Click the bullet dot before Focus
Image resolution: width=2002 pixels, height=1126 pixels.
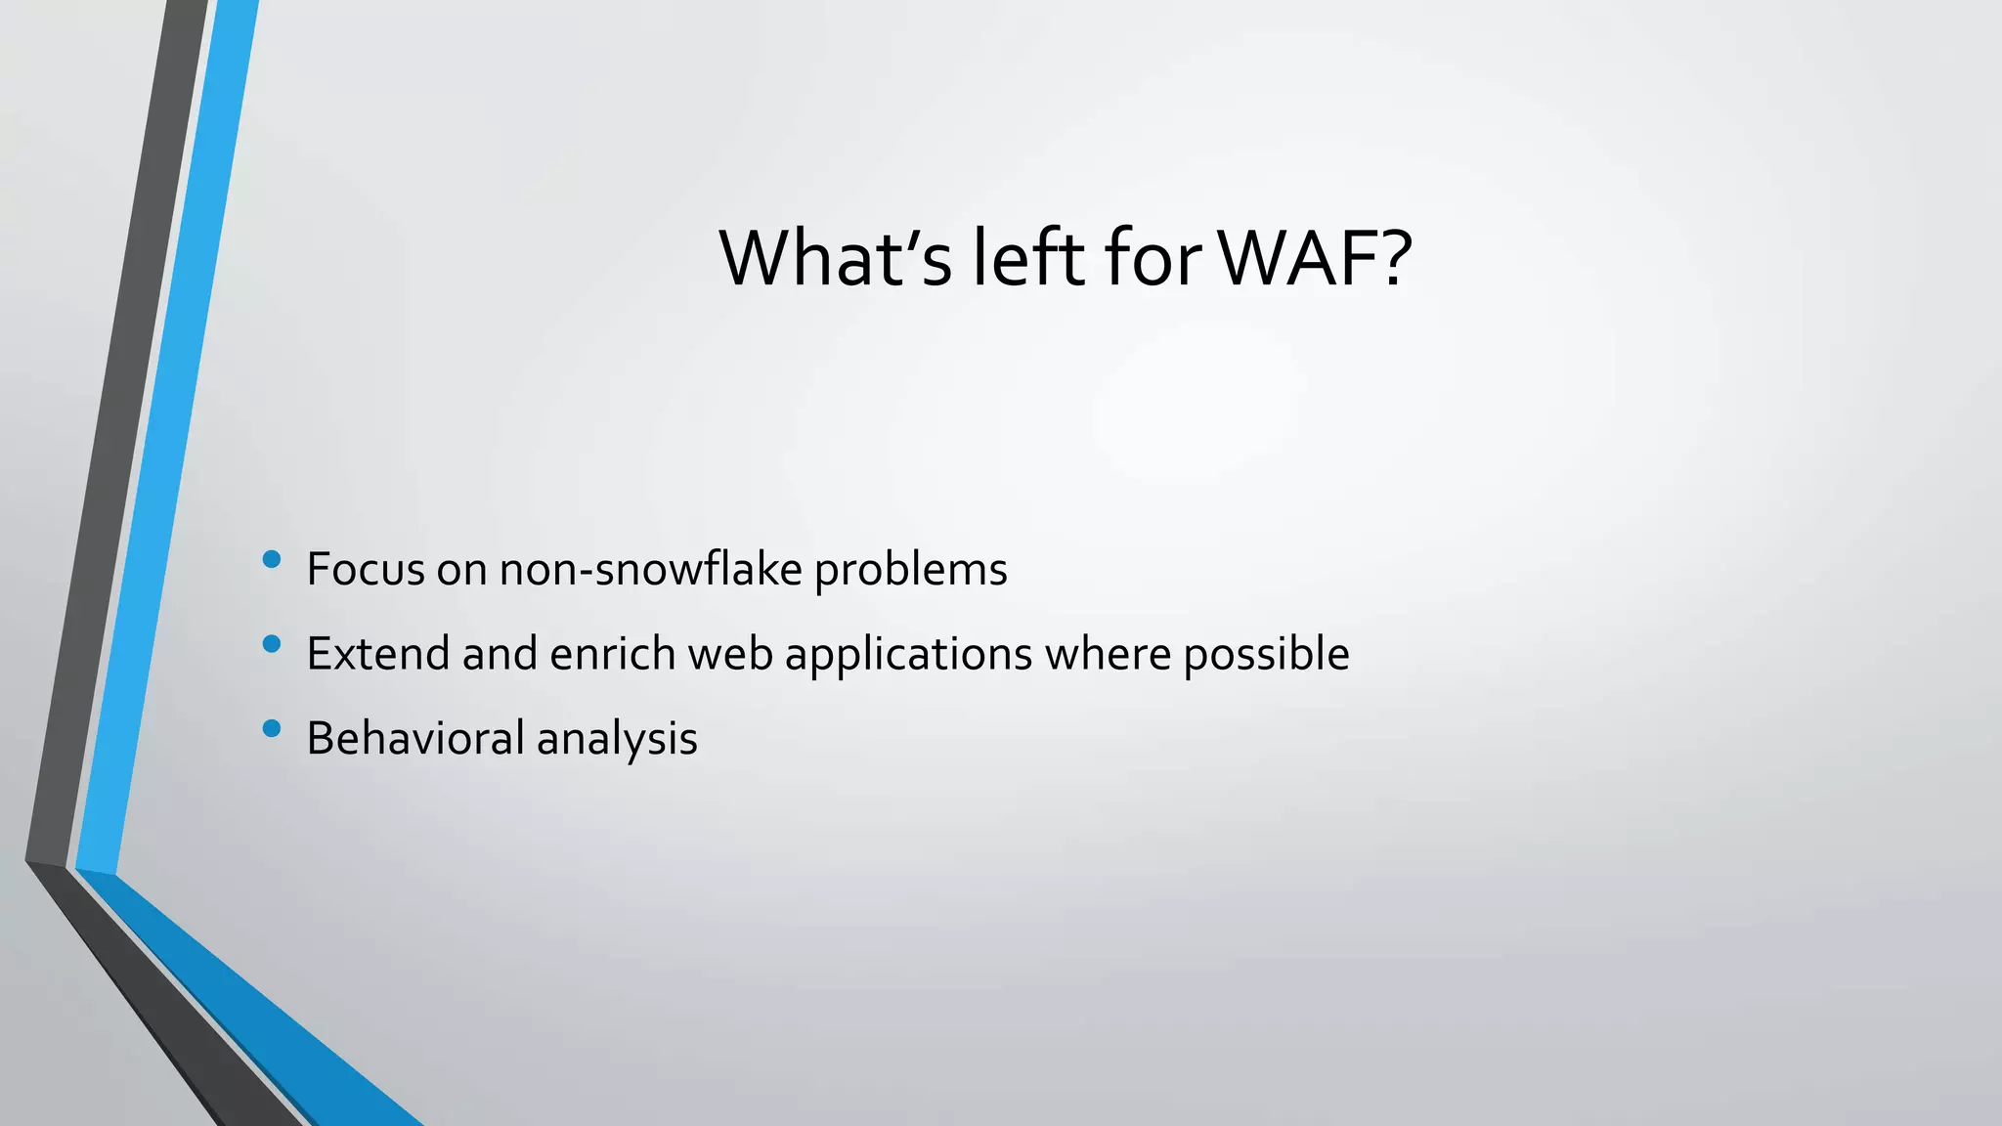(272, 559)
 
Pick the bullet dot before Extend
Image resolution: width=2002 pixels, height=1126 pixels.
(272, 643)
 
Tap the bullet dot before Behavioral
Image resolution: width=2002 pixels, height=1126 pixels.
(272, 728)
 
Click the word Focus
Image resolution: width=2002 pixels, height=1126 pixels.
(366, 569)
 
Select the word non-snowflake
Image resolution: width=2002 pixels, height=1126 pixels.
(650, 569)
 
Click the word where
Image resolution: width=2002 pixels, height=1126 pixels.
(1108, 653)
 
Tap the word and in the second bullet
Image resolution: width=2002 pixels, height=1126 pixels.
(500, 653)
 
